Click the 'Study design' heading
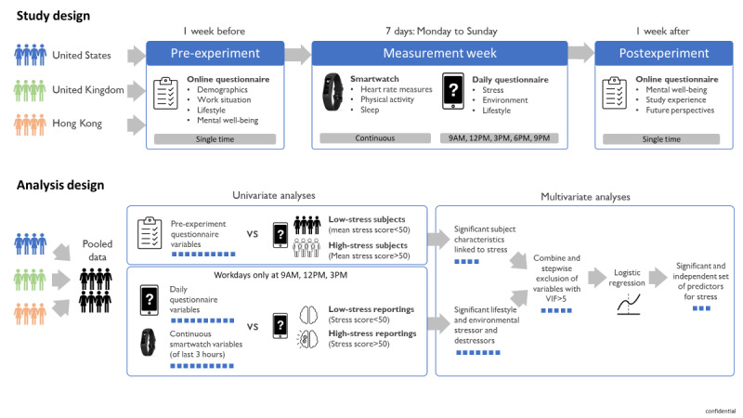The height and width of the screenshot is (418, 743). point(52,16)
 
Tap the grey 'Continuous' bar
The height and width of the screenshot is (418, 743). point(370,138)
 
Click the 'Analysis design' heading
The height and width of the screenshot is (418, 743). point(59,183)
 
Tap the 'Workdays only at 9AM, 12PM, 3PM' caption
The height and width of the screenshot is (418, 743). point(279,276)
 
